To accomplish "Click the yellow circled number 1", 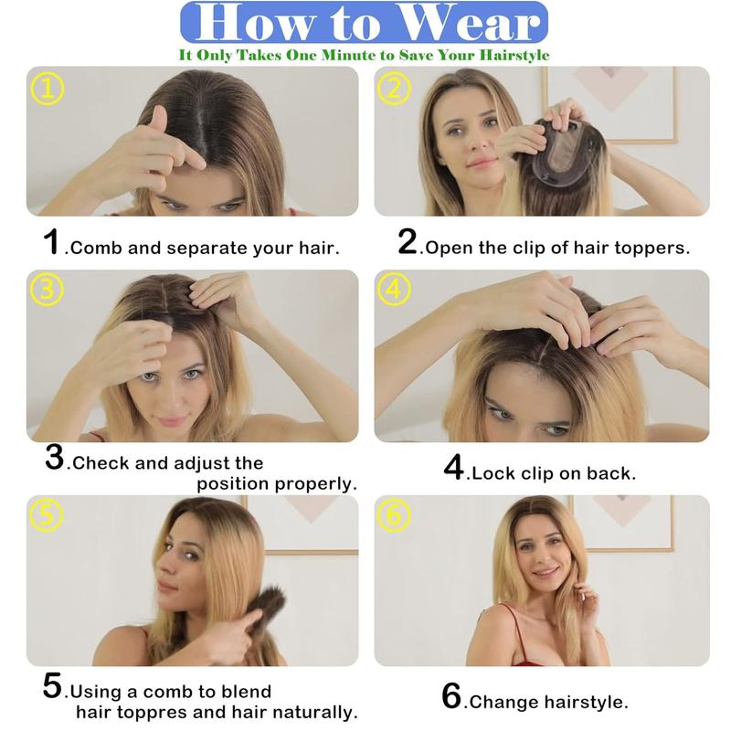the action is [48, 89].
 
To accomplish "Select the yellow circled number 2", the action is [394, 89].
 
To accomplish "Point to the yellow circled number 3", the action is [48, 290].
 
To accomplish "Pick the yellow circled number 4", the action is [394, 290].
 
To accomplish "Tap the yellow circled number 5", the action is [46, 515].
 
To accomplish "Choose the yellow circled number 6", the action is [394, 515].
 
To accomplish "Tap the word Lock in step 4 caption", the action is [493, 473].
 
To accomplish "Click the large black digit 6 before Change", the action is [451, 696].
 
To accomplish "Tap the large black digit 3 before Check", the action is [55, 458].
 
